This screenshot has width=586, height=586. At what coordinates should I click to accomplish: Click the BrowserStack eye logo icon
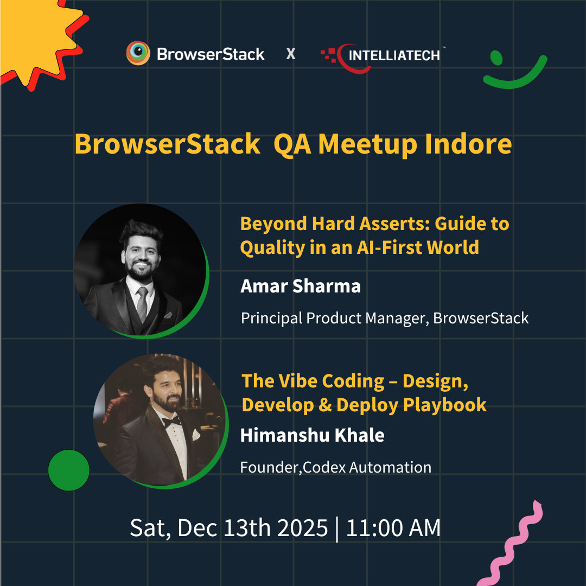click(x=138, y=54)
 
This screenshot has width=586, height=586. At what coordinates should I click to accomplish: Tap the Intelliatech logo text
click(x=394, y=55)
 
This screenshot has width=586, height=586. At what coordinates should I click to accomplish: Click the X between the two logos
click(x=291, y=54)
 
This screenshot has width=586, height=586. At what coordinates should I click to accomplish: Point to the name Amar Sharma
click(x=301, y=286)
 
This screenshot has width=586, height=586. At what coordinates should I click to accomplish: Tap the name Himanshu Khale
click(x=312, y=435)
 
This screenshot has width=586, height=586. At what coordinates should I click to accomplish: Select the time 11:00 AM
click(x=393, y=528)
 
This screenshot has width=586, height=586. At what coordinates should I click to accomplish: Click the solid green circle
click(x=69, y=470)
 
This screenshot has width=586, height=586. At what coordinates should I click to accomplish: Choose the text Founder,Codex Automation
click(x=335, y=467)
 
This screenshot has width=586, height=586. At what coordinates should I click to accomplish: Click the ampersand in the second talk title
click(x=324, y=405)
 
